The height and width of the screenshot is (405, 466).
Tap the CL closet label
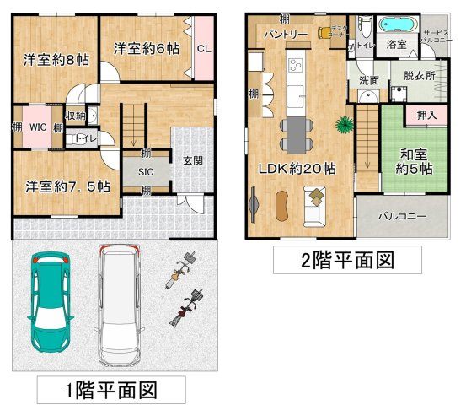(x=203, y=48)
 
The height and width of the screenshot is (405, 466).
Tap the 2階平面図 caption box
(x=347, y=259)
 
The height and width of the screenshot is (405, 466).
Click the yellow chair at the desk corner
(x=325, y=33)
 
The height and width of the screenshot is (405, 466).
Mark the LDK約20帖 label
(x=296, y=169)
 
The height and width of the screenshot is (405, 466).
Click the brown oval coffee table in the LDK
(x=281, y=203)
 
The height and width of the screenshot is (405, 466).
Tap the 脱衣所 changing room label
(x=419, y=75)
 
